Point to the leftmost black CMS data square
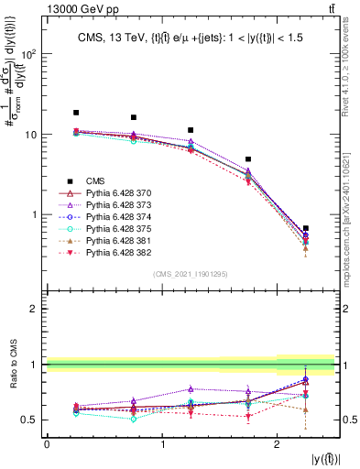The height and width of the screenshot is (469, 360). click(76, 113)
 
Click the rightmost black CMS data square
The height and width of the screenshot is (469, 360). click(305, 228)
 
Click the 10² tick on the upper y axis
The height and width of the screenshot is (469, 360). click(30, 53)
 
